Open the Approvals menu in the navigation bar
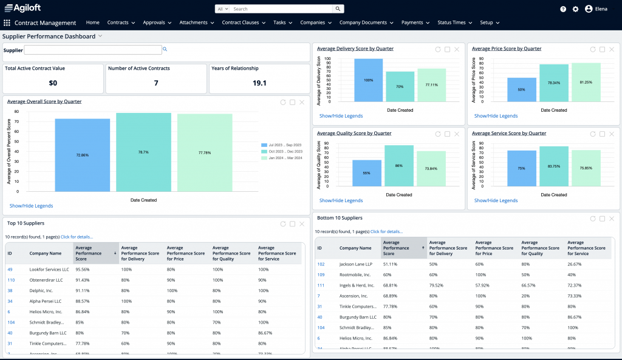tap(157, 22)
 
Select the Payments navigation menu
tap(415, 22)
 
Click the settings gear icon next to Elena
tap(575, 9)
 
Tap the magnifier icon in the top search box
tap(338, 9)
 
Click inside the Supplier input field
tap(92, 50)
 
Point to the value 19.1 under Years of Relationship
tap(259, 83)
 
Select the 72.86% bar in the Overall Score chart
tap(82, 155)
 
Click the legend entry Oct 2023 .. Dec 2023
tap(282, 151)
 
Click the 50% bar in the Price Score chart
tap(521, 89)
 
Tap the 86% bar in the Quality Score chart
tap(399, 165)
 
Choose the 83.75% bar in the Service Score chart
tap(553, 166)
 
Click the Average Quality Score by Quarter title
tap(354, 133)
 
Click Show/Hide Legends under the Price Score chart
tap(496, 116)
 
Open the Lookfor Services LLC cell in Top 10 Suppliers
tap(49, 269)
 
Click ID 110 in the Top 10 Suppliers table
tap(11, 280)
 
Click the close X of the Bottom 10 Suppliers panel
tap(611, 219)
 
